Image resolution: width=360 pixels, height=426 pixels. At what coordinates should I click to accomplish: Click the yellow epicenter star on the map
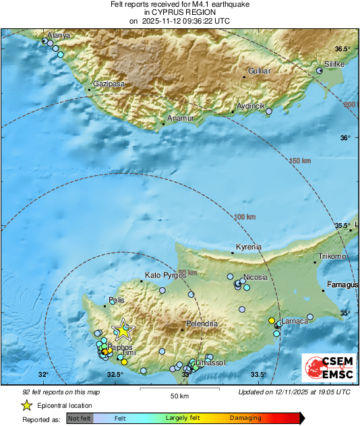coord(123,330)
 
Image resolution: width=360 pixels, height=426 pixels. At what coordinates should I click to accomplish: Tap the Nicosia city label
coord(256,277)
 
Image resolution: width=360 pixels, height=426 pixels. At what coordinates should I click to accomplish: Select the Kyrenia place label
coord(247,247)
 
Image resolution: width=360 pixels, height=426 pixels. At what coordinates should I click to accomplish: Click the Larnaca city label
coord(295,321)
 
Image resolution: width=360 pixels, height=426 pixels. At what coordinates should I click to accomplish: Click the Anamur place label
coord(180,118)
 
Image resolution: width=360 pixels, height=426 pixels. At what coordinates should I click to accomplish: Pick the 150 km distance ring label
coord(301,161)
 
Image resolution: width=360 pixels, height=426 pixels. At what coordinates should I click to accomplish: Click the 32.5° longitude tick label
coord(115,375)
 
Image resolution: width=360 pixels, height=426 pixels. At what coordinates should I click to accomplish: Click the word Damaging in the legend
coord(245,418)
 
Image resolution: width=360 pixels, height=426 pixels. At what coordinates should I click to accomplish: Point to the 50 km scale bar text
coord(179,395)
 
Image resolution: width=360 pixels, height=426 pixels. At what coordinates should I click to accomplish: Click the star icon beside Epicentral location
coord(26,405)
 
